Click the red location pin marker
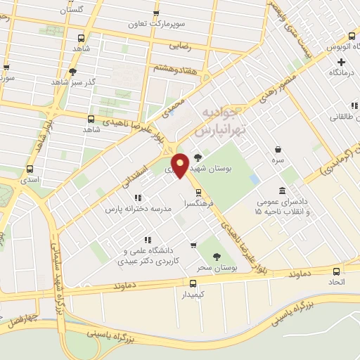[x=181, y=165]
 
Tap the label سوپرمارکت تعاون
[x=156, y=23]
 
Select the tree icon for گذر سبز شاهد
[x=73, y=71]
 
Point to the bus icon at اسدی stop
[x=30, y=169]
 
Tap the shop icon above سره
[x=279, y=149]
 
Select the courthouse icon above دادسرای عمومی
[x=283, y=191]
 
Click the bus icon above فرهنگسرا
[x=198, y=191]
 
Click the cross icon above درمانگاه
[x=342, y=62]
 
